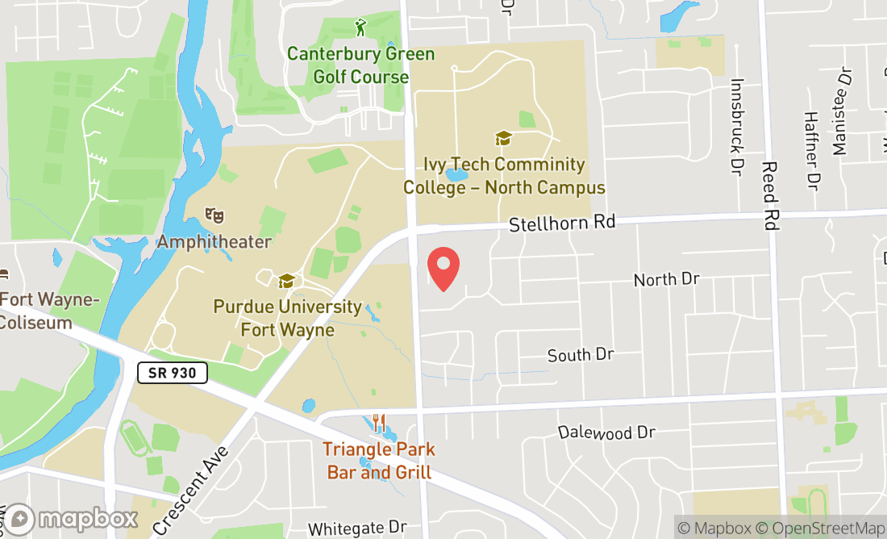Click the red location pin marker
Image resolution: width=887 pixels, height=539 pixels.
coord(443,269)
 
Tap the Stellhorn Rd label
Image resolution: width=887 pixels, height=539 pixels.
coord(561,223)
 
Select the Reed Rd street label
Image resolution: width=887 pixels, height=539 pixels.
coord(770,195)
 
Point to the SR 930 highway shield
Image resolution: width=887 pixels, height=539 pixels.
coord(173,373)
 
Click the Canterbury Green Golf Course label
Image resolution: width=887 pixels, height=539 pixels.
coord(360,65)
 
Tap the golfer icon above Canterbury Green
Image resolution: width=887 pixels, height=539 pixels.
coord(360,28)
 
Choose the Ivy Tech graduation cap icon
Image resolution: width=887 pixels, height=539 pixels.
coord(504,139)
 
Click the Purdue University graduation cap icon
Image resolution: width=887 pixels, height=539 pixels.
coord(286,281)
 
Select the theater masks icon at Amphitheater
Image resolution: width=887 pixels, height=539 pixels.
coord(214,215)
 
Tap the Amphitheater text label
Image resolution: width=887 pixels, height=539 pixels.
coord(214,241)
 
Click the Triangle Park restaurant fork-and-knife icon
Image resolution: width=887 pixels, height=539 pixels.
coord(379,424)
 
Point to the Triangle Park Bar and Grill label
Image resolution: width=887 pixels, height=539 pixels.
coord(379,461)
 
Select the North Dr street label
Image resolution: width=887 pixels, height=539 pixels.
coord(666,279)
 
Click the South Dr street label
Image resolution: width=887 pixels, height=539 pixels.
coord(581,355)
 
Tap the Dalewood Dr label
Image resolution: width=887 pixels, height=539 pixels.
coord(606,432)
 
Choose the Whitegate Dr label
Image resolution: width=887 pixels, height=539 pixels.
coord(357,529)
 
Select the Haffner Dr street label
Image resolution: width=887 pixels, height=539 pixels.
coord(811,150)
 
